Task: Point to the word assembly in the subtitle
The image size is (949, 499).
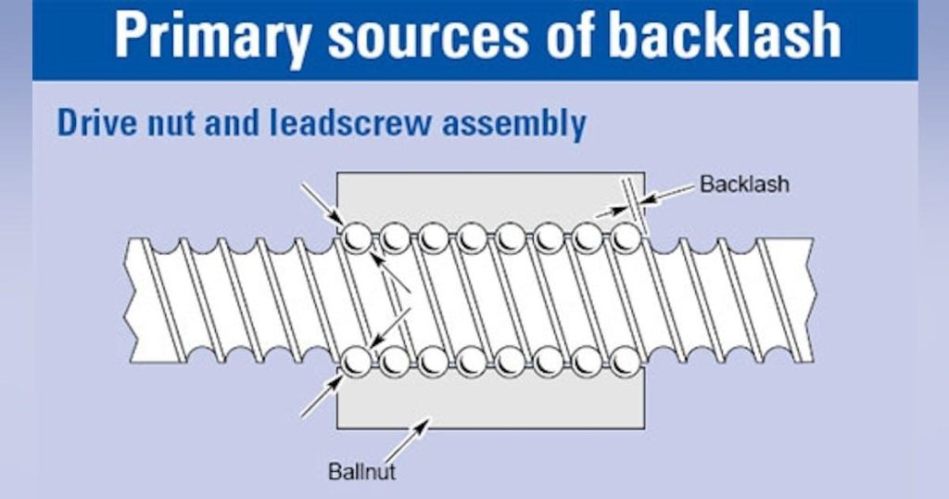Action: (513, 124)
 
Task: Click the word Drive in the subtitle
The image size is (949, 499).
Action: (96, 123)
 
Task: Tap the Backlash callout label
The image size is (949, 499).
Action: (744, 184)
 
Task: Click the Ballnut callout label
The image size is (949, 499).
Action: (362, 471)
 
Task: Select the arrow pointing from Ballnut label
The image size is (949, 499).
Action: (407, 441)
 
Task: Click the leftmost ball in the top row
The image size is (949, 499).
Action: (357, 237)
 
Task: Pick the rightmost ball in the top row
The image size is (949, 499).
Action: (626, 237)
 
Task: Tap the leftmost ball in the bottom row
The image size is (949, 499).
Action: (357, 362)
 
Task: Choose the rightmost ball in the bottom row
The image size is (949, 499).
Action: (626, 362)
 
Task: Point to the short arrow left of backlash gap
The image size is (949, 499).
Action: (613, 211)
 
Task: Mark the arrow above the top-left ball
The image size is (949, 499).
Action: (323, 203)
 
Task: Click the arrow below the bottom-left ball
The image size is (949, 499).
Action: (323, 396)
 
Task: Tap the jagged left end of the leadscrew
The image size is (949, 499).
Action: (128, 301)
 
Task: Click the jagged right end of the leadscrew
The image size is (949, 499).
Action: (811, 301)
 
